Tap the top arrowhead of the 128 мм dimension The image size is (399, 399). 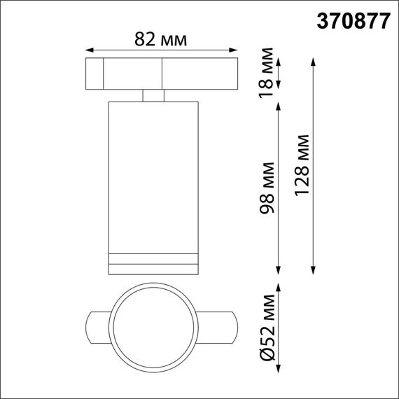(x=313, y=60)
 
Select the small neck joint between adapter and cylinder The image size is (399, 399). (x=153, y=95)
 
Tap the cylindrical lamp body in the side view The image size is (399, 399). (x=153, y=175)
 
